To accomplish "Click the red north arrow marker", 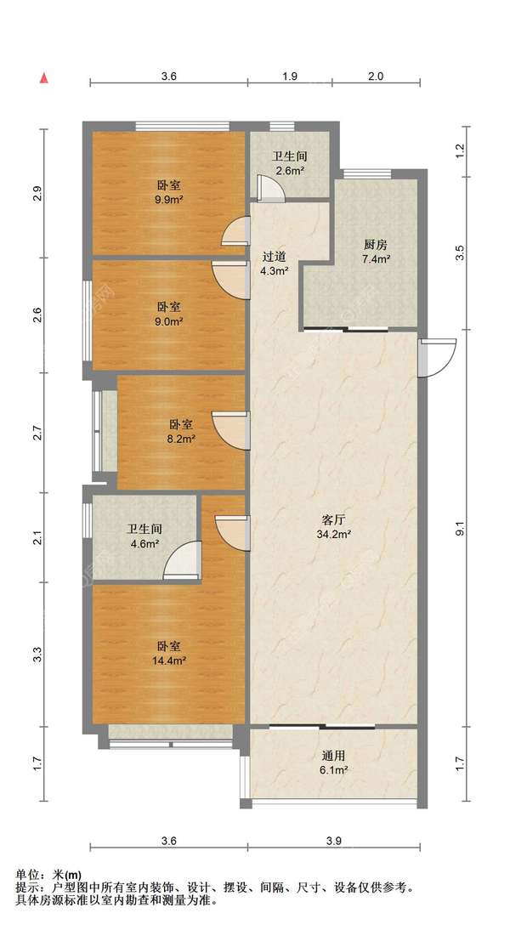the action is click(43, 77).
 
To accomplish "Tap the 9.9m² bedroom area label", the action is click(168, 192).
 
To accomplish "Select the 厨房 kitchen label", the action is click(376, 252).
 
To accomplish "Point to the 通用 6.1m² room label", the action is click(334, 763).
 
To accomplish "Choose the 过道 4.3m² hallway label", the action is click(275, 264).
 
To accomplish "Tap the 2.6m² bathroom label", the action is click(289, 164).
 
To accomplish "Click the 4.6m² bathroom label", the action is click(144, 536).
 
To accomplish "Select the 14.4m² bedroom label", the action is click(169, 653).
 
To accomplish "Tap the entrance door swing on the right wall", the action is click(437, 357).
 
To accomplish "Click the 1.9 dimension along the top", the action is click(290, 76).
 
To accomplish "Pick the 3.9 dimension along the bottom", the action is click(334, 841).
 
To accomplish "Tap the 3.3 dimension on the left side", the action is click(37, 655).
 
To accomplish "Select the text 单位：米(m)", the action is click(48, 875).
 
